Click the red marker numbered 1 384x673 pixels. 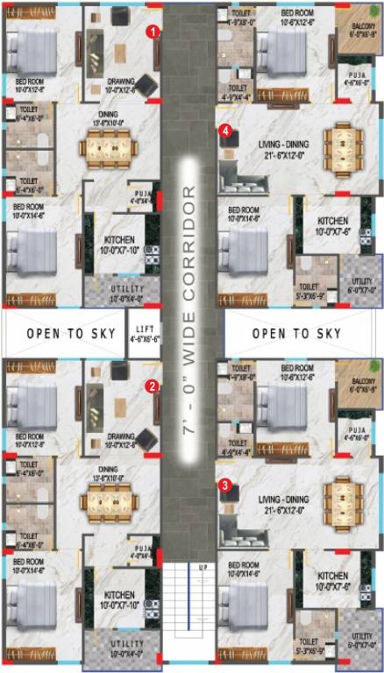tap(153, 31)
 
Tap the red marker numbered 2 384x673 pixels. tap(152, 385)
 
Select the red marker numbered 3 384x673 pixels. tap(226, 483)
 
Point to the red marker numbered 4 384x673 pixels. tap(226, 131)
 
